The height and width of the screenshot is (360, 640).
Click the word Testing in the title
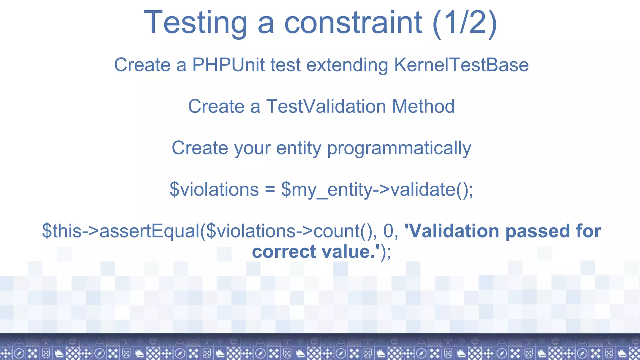point(195,22)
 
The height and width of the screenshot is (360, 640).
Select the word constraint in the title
point(353,22)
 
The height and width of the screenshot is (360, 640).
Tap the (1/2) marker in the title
point(465,22)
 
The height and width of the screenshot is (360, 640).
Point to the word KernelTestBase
point(461,65)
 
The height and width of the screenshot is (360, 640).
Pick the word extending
point(347,65)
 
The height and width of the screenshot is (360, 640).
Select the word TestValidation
point(326,106)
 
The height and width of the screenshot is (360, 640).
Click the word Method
point(423,106)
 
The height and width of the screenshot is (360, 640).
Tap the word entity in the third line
point(298,148)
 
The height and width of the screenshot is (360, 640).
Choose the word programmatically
point(399,148)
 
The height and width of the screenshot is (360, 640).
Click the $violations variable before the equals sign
point(214,189)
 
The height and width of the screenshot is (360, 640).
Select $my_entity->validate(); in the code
point(377,189)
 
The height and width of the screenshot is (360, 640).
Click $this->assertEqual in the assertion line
point(121,231)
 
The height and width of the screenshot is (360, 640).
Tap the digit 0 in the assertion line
point(388,231)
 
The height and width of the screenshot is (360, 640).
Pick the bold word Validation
point(453,231)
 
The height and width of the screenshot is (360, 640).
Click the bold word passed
point(538,231)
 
